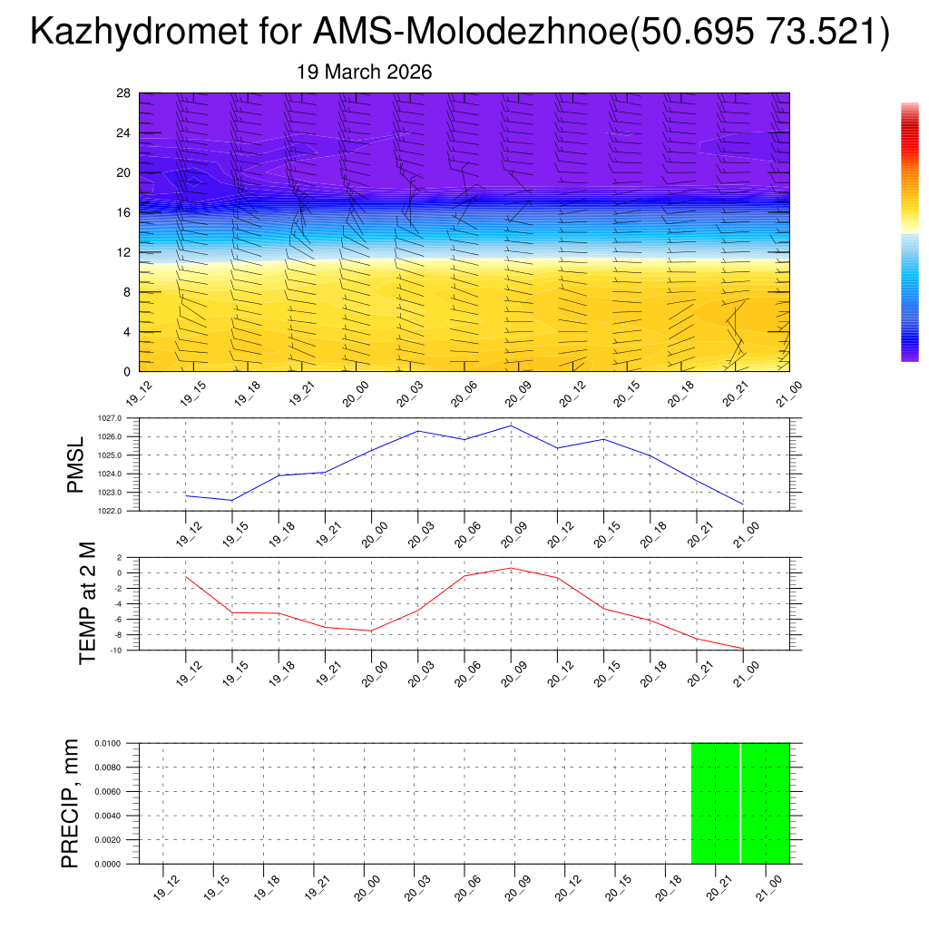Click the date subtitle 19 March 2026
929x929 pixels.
pyautogui.click(x=365, y=73)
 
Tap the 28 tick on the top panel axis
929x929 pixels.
pyautogui.click(x=124, y=93)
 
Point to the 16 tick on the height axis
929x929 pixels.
pyautogui.click(x=124, y=212)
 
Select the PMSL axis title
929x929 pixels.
pyautogui.click(x=75, y=464)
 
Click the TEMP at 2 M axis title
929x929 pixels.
pyautogui.click(x=87, y=603)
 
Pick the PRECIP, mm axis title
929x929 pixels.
pyautogui.click(x=70, y=803)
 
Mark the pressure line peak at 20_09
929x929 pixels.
pyautogui.click(x=511, y=425)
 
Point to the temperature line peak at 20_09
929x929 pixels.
pyautogui.click(x=511, y=568)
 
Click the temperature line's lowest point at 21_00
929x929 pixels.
pyautogui.click(x=743, y=649)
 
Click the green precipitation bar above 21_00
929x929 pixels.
pyautogui.click(x=766, y=803)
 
